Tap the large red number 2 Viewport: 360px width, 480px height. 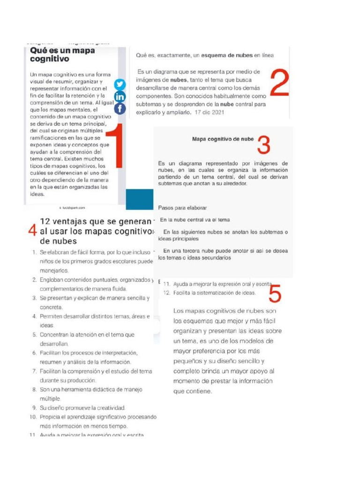click(279, 83)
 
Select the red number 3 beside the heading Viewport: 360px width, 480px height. click(263, 145)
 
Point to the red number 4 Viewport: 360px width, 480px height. click(32, 231)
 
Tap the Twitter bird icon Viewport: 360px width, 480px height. click(120, 84)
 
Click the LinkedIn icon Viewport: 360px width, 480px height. click(120, 97)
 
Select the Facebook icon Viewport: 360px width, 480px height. click(120, 109)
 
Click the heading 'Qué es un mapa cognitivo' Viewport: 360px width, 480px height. click(62, 54)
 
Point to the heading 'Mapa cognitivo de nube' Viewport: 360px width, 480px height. click(223, 139)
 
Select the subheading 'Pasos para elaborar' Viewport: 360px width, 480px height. click(182, 207)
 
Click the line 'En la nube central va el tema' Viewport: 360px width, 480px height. click(195, 219)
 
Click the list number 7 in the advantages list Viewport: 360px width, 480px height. click(34, 371)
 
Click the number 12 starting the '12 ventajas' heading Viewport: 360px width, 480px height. click(46, 222)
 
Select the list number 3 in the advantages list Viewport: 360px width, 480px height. click(34, 298)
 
